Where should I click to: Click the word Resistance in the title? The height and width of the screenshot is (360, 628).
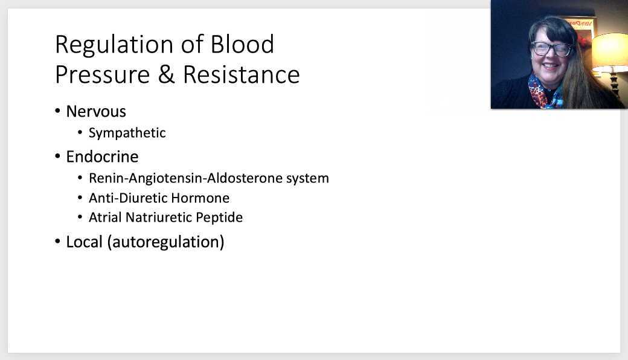[241, 75]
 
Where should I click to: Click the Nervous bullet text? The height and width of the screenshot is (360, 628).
[96, 112]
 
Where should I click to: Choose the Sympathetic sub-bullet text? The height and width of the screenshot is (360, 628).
[127, 133]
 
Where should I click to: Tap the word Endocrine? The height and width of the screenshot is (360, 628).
[102, 157]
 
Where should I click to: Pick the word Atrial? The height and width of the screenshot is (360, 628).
[105, 217]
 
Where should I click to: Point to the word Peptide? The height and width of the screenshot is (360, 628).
[219, 217]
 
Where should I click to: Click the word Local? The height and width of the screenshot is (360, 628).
[84, 242]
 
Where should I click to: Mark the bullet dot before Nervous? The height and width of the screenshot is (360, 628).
[58, 112]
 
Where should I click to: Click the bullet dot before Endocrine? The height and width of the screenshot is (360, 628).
[58, 157]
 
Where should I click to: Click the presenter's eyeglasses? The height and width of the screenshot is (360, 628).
[551, 48]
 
